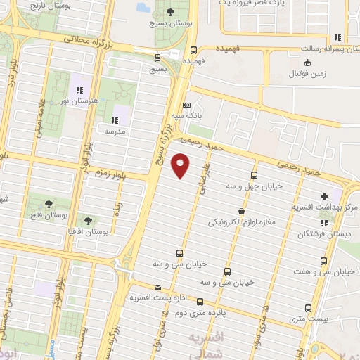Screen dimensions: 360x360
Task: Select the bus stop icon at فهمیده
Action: [193, 50]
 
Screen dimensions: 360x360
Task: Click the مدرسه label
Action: [114, 131]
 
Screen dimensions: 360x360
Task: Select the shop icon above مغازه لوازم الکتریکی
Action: [241, 211]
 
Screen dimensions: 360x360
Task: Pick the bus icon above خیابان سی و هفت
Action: [323, 260]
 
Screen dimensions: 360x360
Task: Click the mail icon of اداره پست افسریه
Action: [157, 287]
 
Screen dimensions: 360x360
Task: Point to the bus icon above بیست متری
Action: [308, 308]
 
